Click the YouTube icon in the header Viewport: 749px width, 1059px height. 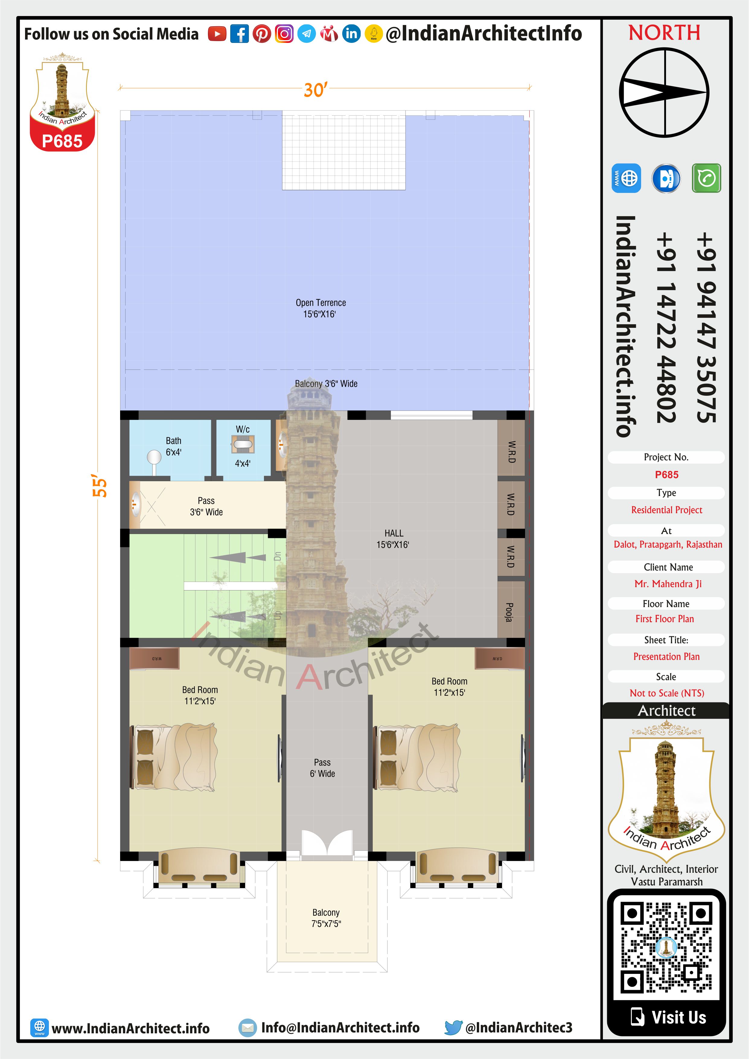[217, 34]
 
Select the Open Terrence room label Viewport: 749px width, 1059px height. [320, 308]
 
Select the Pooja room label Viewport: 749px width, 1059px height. [509, 612]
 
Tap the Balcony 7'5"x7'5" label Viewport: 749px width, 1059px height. [326, 918]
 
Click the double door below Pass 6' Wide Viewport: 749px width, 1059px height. [327, 843]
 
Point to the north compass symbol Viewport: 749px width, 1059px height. [664, 93]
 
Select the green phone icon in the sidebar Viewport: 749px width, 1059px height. [706, 178]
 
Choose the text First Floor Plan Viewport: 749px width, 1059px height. [665, 619]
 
